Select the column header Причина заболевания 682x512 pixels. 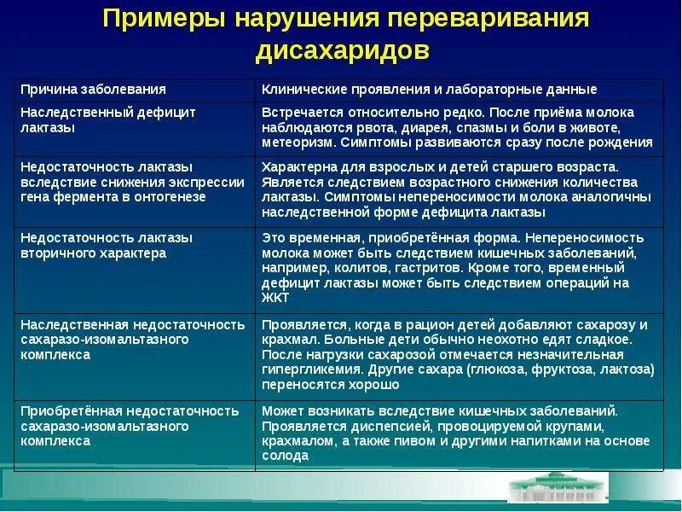click(93, 90)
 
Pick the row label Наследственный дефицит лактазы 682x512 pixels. click(107, 120)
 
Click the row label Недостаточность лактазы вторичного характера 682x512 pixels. click(106, 245)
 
